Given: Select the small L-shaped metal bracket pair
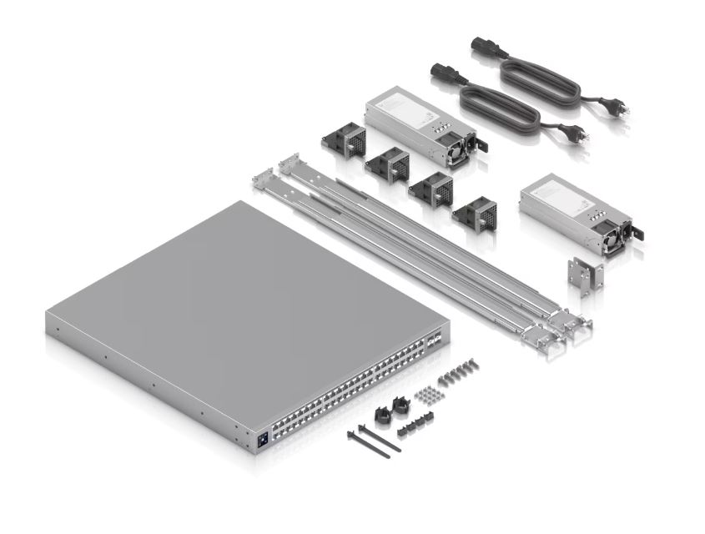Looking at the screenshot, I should [x=583, y=275].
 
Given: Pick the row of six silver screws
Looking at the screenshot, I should [x=461, y=370].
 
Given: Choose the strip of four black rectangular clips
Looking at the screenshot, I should [x=414, y=430].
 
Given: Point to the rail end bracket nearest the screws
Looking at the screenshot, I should [x=534, y=335].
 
